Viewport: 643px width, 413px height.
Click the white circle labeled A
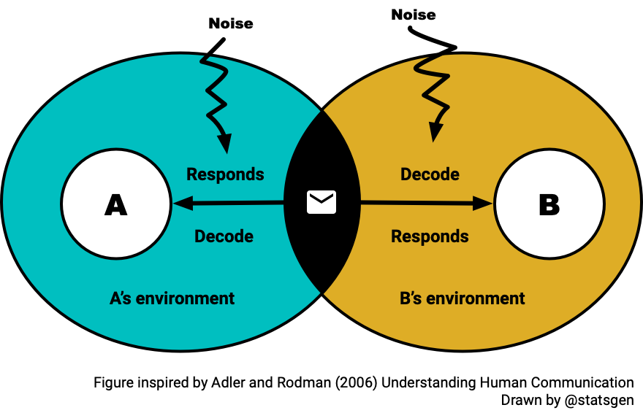[115, 204]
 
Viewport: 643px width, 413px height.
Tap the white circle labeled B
[549, 204]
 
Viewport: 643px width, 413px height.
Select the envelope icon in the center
[321, 202]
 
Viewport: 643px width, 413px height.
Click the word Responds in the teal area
[225, 174]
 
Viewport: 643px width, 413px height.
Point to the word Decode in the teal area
[224, 236]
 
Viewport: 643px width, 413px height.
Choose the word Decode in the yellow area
[430, 174]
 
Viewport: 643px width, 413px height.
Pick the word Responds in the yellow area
[430, 236]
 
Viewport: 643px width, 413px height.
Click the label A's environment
[172, 298]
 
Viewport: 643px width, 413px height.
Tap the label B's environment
[463, 298]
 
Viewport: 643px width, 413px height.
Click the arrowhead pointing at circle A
[180, 204]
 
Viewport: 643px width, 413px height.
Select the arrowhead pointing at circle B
[483, 204]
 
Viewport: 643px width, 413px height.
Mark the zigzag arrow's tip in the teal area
[224, 146]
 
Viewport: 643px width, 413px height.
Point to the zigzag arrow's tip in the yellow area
[435, 134]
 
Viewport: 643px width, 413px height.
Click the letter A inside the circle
[115, 205]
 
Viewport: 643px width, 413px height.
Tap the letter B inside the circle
[549, 205]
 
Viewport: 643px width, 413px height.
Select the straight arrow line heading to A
[234, 203]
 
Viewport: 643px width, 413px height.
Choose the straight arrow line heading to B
[416, 204]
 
